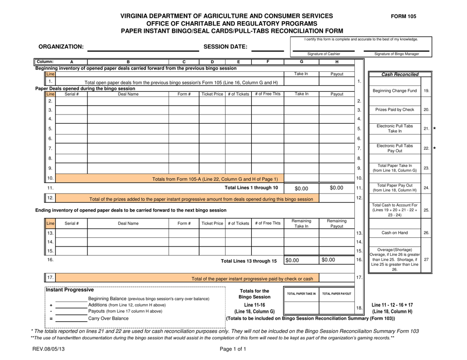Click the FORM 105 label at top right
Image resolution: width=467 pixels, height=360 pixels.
tap(403, 16)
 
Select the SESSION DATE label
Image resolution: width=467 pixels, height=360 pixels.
tap(225, 47)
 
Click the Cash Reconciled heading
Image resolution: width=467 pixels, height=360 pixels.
tap(399, 74)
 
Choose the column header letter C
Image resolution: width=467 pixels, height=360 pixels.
tap(183, 62)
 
